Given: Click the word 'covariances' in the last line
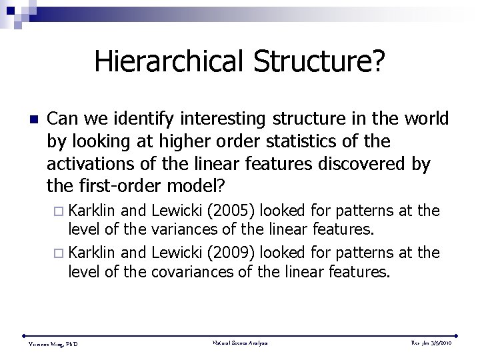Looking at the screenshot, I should pyautogui.click(x=195, y=271).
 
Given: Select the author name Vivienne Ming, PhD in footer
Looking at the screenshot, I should pyautogui.click(x=53, y=344).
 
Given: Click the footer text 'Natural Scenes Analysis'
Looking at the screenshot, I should pyautogui.click(x=240, y=343).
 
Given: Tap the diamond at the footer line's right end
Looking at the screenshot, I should pyautogui.click(x=458, y=335).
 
